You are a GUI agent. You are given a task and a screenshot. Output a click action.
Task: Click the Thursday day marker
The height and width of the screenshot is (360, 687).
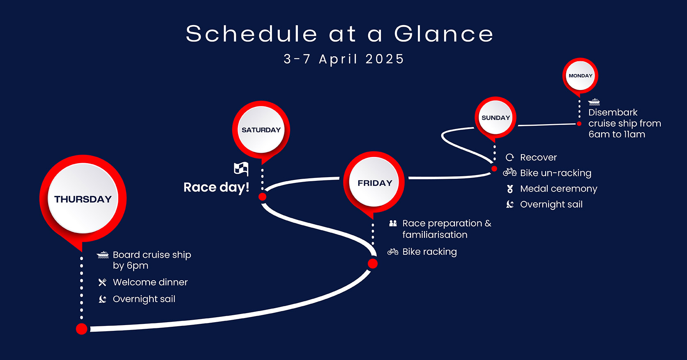coord(83,199)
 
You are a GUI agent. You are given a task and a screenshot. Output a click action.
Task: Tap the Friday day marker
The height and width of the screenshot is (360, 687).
coord(374,183)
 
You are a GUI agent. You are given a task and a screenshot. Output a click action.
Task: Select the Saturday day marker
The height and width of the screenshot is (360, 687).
coord(261,130)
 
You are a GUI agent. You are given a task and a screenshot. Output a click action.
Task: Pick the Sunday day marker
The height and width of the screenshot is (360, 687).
coord(496,118)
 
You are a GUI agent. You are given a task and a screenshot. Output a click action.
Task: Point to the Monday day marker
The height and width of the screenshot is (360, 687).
coord(580,76)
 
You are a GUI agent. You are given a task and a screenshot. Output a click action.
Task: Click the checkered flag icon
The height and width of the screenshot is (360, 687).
coord(241,168)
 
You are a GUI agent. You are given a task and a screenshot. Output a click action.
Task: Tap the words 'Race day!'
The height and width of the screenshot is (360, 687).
coord(216,187)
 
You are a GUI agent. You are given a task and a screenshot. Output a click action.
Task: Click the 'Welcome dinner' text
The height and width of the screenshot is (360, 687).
coord(150,282)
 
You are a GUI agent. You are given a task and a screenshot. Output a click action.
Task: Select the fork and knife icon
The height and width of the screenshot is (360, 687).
coord(102,282)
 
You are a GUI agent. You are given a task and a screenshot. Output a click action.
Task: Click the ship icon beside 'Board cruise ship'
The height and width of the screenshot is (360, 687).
coord(103,255)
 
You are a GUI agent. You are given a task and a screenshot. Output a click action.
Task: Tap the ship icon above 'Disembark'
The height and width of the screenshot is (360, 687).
coord(594,102)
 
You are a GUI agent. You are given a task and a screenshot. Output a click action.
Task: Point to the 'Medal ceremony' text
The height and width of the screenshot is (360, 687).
coord(559,189)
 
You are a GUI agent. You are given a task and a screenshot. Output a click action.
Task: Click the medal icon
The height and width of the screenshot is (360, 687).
coord(510,189)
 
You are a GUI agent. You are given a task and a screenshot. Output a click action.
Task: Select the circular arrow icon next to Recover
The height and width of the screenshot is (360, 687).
coord(510,157)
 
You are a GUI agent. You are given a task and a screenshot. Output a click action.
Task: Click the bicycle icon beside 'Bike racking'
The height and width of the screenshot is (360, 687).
coord(393,252)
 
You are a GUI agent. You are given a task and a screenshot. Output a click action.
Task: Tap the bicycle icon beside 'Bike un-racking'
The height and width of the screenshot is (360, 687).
coord(510,172)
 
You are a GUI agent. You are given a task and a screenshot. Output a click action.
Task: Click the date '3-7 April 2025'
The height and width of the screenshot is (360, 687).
coord(344,59)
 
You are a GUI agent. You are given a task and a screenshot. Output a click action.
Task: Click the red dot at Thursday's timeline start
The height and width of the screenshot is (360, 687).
coord(82,329)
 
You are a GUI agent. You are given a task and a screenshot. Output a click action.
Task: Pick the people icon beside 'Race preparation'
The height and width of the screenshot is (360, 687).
coord(393,223)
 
